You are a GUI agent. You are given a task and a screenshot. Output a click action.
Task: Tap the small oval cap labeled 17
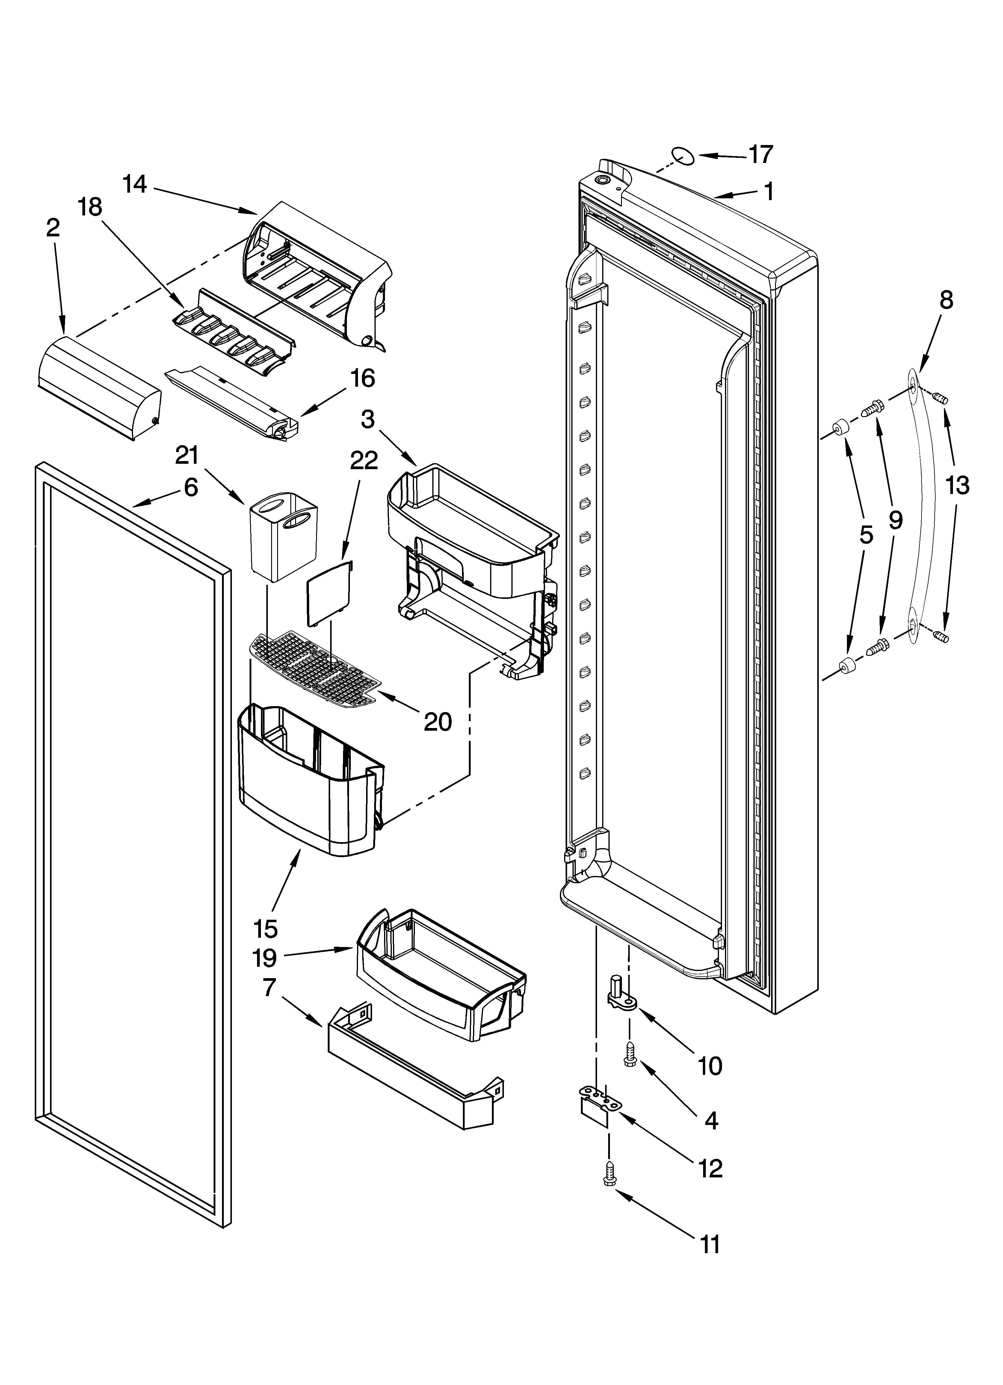coord(682,156)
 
